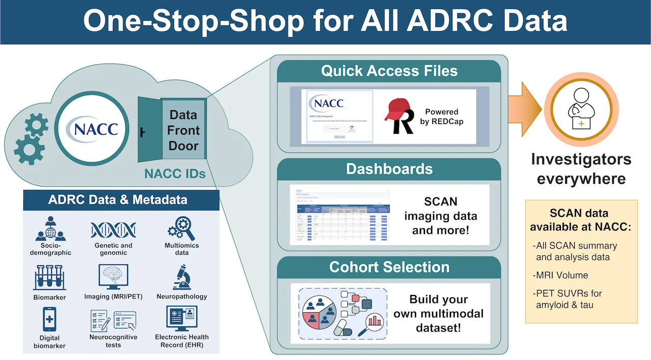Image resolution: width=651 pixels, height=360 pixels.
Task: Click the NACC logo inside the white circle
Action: [x=96, y=129]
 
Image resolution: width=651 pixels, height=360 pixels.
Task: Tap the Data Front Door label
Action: [x=183, y=130]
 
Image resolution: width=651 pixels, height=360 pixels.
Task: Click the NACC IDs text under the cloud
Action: [x=174, y=174]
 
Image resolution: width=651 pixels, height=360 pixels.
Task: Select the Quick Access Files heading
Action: [x=389, y=71]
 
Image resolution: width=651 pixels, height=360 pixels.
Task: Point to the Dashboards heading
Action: [x=389, y=169]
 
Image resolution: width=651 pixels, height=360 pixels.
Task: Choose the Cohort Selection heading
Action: [x=389, y=267]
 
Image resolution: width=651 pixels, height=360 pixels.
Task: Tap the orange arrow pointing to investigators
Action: [x=531, y=109]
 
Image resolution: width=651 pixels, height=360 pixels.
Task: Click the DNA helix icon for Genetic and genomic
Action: [x=113, y=230]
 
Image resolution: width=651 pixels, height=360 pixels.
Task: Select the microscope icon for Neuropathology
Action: [x=182, y=277]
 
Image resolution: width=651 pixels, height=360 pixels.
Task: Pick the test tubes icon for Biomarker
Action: [x=49, y=278]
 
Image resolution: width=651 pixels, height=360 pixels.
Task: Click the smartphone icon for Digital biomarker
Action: [x=49, y=320]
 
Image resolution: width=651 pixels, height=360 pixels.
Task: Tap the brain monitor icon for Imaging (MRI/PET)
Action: [x=113, y=277]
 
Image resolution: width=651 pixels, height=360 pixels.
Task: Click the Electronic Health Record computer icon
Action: [x=182, y=318]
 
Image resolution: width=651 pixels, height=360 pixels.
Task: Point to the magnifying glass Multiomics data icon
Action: [x=182, y=229]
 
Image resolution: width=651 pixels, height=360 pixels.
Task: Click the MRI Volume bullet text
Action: [x=561, y=275]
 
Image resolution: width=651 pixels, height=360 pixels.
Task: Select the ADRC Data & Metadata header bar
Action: [x=121, y=200]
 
